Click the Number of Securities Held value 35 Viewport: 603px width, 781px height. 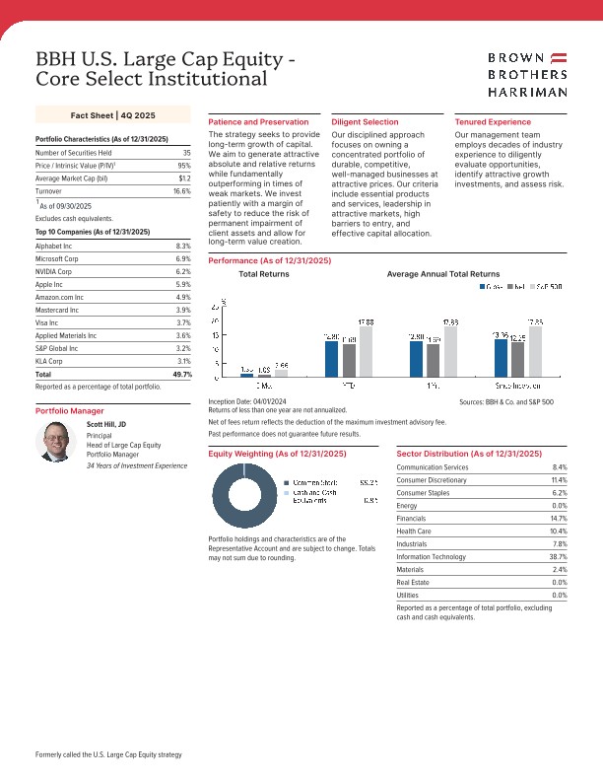tap(186, 153)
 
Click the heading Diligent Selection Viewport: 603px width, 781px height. tap(365, 121)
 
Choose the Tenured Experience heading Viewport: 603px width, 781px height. tap(493, 121)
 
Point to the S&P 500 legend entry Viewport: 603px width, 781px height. tap(546, 287)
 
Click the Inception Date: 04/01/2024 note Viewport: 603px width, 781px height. tap(247, 402)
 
